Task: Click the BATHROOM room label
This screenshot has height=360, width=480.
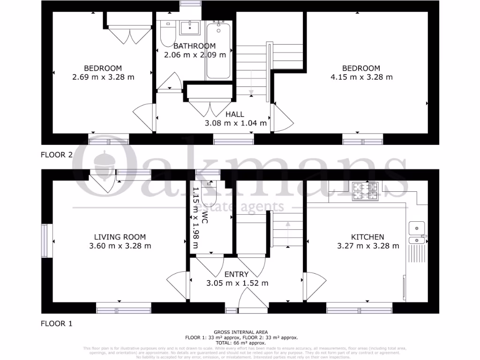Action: click(x=195, y=46)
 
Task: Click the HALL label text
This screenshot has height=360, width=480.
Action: click(x=235, y=114)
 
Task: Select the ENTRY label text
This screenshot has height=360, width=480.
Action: click(x=236, y=274)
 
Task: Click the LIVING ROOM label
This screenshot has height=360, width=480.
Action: click(x=120, y=237)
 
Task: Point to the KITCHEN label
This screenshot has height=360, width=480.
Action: click(x=368, y=237)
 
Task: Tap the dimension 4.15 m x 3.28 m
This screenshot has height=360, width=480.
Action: click(x=361, y=77)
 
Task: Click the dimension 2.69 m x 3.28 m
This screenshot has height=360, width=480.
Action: click(x=103, y=77)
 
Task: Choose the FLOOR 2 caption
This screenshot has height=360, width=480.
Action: click(x=57, y=155)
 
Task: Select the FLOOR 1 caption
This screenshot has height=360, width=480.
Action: click(x=57, y=323)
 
